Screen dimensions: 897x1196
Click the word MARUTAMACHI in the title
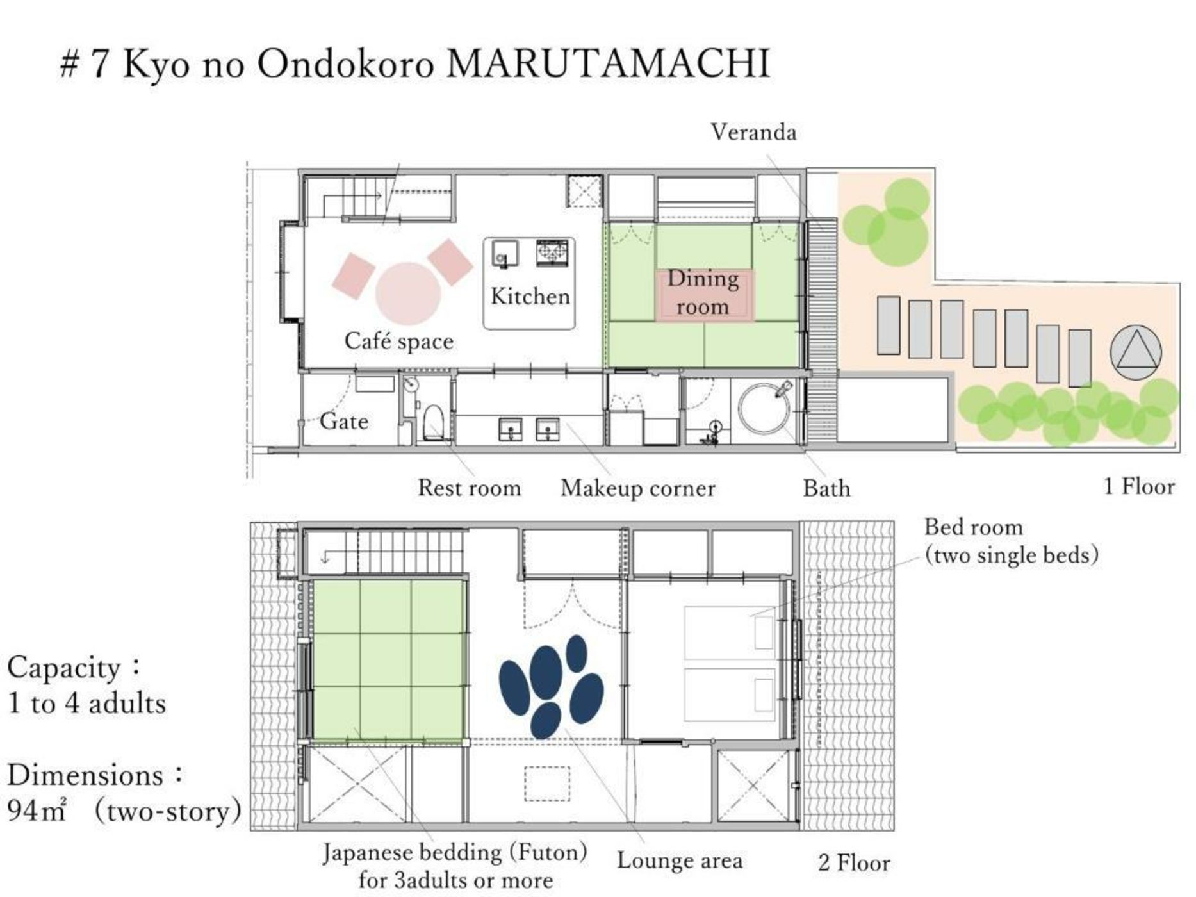click(x=607, y=63)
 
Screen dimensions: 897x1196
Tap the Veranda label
click(x=753, y=133)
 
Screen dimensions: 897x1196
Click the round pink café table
click(x=408, y=293)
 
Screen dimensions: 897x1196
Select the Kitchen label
click(x=530, y=297)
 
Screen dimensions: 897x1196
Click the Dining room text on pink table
click(x=703, y=293)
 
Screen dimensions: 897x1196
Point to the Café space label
click(x=398, y=341)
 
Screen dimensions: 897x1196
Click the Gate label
click(x=344, y=422)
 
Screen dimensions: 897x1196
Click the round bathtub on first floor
click(x=765, y=408)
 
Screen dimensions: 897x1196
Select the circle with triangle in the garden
click(x=1135, y=353)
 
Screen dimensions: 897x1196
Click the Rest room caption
click(x=469, y=488)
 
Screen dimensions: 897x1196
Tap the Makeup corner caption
click(x=637, y=489)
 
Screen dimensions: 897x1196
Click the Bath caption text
click(x=826, y=489)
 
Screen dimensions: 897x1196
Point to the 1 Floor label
click(x=1139, y=487)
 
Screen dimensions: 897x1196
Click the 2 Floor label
click(x=854, y=863)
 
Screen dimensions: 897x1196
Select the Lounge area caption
click(x=680, y=860)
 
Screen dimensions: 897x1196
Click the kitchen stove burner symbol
click(x=553, y=252)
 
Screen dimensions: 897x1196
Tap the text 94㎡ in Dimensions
click(x=37, y=812)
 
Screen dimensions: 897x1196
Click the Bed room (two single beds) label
click(x=1011, y=541)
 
